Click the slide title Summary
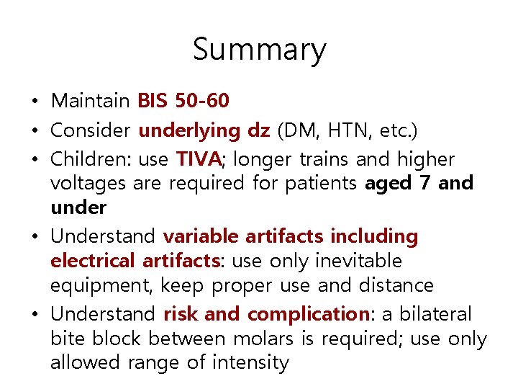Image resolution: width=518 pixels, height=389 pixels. (x=259, y=50)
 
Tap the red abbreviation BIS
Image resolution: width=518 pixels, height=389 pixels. (x=152, y=101)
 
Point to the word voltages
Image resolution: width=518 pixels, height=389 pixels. (x=89, y=183)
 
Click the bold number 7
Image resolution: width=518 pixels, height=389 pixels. (x=424, y=183)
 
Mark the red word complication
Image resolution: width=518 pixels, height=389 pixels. (x=308, y=314)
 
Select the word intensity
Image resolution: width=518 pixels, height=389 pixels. (x=250, y=363)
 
